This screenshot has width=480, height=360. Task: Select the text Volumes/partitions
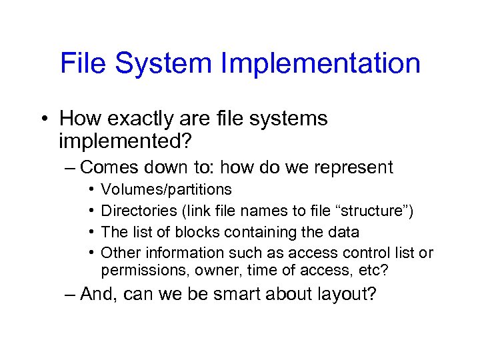166,190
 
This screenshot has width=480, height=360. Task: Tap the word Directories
137,211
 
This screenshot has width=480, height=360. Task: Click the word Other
117,253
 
